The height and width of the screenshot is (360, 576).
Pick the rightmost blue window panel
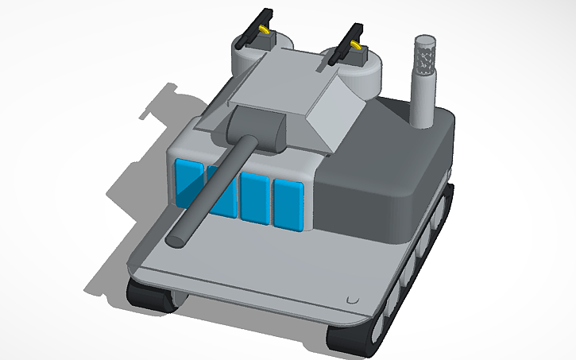pyautogui.click(x=288, y=203)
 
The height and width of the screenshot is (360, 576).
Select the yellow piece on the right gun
pyautogui.click(x=358, y=47)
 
